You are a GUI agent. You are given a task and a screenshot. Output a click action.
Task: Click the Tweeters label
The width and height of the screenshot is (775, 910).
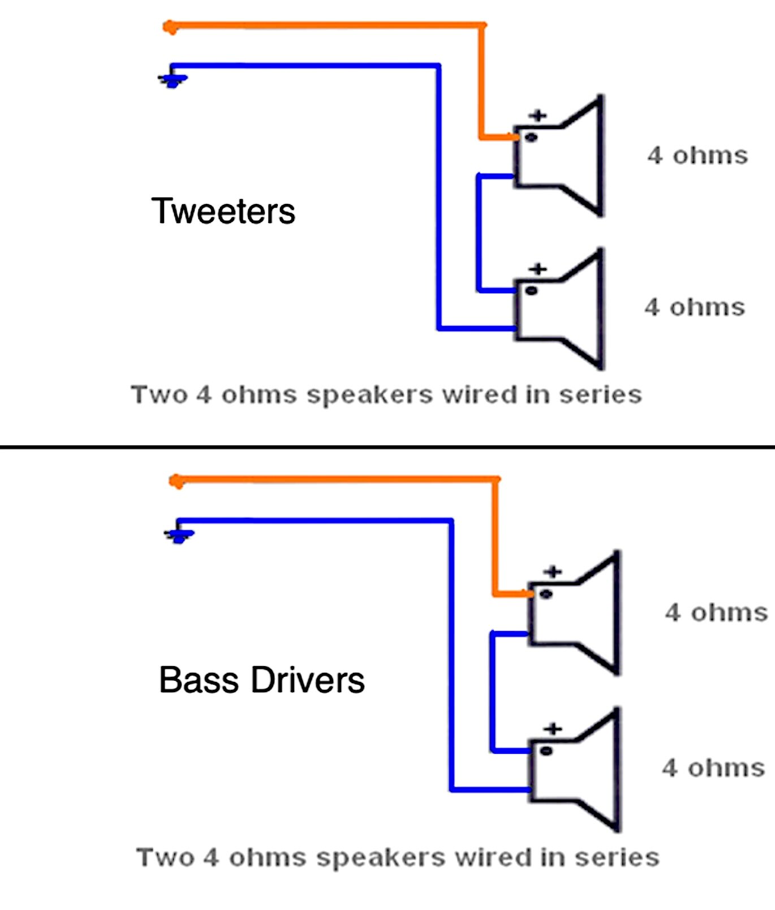point(223,211)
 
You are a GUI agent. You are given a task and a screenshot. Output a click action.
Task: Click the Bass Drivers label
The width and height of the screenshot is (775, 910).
point(261,680)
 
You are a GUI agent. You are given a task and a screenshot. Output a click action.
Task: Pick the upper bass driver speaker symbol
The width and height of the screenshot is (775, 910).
point(574,612)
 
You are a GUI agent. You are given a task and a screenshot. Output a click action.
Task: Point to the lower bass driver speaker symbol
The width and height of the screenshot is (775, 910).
point(574,770)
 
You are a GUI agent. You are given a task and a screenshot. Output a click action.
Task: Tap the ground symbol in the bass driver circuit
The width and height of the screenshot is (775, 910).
point(179,535)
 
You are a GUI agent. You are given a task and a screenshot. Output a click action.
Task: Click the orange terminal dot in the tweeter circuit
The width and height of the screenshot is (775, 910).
point(169,27)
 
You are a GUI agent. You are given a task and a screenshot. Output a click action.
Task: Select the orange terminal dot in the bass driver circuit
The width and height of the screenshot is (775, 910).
point(176,482)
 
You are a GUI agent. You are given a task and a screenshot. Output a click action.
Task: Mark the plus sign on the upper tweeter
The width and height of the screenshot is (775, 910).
point(538,115)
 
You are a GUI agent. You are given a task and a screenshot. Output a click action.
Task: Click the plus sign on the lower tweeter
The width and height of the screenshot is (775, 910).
point(538,269)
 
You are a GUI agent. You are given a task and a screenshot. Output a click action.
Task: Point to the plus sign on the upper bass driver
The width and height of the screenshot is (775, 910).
point(553,572)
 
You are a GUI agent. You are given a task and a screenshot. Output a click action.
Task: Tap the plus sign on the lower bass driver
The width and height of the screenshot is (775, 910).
point(553,728)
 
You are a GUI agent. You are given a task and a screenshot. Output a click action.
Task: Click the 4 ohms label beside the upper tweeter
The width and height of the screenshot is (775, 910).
point(697,155)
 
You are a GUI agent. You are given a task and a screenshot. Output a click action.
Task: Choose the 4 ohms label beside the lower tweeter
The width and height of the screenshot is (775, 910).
point(695,307)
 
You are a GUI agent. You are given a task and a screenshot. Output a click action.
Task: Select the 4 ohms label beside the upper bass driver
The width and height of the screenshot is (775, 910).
point(716,612)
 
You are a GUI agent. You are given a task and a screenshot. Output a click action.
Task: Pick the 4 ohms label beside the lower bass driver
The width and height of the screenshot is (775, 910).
point(713,768)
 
